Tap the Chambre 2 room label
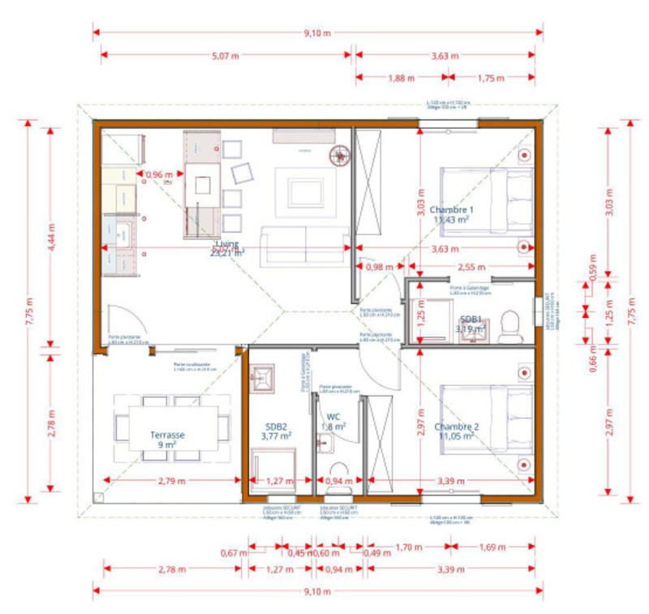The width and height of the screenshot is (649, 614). tap(457, 432)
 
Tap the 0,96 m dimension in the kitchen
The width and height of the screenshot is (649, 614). tap(159, 174)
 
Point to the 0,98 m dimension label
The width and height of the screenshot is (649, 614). tap(380, 266)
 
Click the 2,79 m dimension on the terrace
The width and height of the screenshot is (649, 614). tap(170, 481)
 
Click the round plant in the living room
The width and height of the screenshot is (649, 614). tap(337, 155)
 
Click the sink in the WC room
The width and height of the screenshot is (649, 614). tap(325, 442)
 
